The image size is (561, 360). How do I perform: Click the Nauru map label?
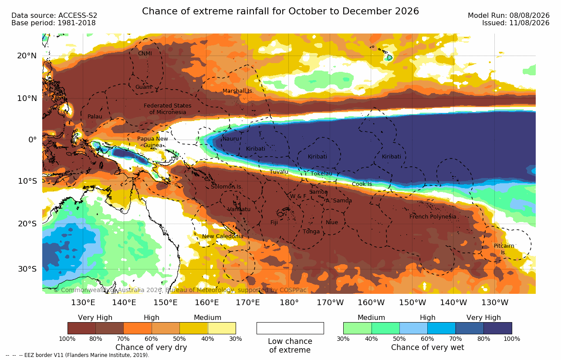230,139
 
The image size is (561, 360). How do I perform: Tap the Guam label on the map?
143,87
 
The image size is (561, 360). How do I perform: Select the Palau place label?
95,116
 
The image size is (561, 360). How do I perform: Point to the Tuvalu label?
279,172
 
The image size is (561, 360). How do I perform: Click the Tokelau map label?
321,174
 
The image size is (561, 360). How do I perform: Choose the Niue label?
331,222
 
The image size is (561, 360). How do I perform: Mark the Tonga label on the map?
311,232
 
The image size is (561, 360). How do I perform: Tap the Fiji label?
274,222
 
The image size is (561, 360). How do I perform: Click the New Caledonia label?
223,236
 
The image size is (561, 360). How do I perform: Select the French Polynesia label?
433,216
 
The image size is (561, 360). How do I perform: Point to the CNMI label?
145,54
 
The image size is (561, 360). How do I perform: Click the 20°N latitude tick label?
27,56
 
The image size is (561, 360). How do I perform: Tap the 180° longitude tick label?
289,303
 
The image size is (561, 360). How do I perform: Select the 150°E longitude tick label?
166,303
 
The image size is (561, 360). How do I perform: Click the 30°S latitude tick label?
27,269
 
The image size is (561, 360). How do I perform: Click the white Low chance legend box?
290,328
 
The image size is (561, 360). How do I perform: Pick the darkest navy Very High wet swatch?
498,328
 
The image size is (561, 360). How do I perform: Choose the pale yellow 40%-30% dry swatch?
222,328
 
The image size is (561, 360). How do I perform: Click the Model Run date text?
508,16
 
